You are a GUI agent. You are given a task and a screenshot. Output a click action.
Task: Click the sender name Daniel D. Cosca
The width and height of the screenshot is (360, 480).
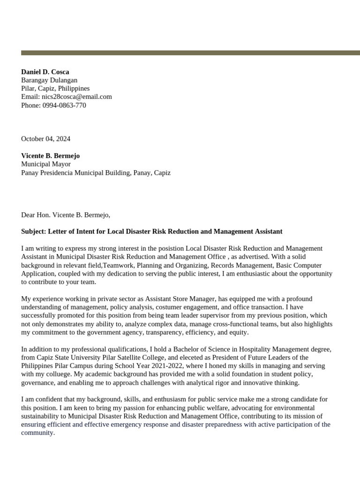click(45, 72)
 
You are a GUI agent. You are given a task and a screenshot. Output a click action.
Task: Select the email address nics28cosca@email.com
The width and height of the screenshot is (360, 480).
click(76, 97)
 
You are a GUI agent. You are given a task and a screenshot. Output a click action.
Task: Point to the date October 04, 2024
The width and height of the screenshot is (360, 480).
click(45, 139)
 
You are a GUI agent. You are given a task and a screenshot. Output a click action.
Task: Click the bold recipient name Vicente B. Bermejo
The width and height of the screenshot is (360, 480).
click(50, 156)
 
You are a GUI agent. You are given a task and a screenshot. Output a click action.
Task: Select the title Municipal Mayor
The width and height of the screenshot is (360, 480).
click(46, 164)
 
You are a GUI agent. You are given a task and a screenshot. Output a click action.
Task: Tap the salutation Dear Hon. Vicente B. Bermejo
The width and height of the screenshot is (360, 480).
click(65, 215)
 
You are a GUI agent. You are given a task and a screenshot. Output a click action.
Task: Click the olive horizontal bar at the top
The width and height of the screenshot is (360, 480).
click(190, 52)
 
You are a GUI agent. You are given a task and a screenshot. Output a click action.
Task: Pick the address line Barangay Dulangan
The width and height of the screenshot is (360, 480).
click(49, 80)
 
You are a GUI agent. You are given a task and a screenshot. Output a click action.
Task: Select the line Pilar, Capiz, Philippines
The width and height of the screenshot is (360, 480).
click(55, 88)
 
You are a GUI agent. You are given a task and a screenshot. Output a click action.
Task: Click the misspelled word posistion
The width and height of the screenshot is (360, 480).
click(171, 248)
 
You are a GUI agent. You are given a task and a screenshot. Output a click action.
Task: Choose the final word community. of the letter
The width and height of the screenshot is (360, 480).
click(38, 433)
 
